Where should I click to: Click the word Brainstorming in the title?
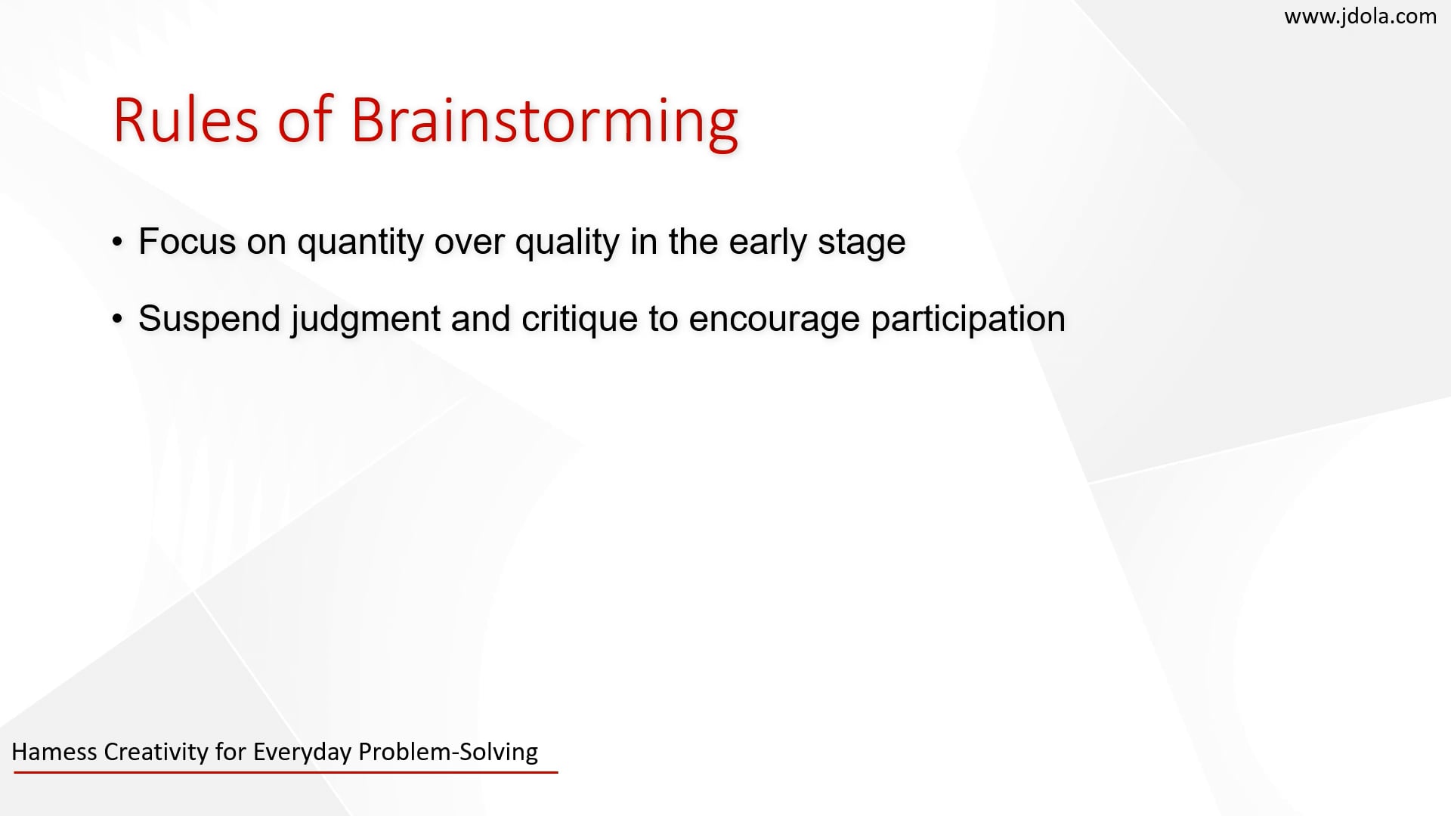544,120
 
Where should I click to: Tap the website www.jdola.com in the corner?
1360,16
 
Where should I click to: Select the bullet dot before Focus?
117,243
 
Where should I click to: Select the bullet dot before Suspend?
117,320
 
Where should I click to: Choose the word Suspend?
209,318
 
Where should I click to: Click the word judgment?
366,320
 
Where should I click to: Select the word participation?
968,320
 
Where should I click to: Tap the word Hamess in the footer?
54,752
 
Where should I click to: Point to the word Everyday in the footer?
302,752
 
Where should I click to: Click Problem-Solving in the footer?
447,752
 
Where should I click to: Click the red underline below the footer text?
286,772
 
